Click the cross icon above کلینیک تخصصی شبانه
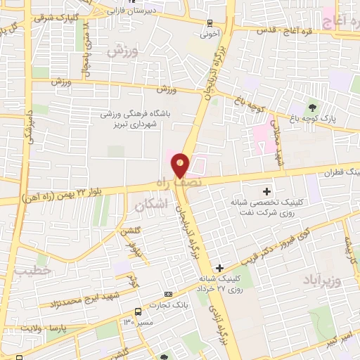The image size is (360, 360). click(267, 191)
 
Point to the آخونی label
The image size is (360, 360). click(210, 33)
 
